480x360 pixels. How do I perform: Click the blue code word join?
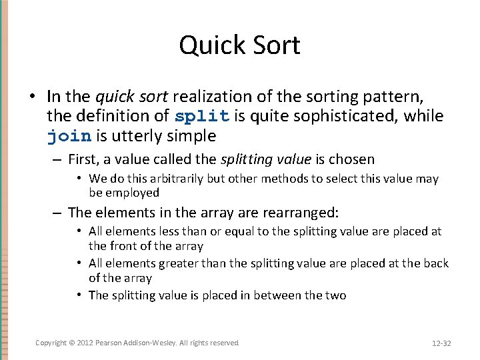(69, 137)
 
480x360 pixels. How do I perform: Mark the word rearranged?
(293, 213)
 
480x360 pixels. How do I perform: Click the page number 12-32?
(441, 343)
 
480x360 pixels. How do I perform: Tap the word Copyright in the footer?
(51, 343)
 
